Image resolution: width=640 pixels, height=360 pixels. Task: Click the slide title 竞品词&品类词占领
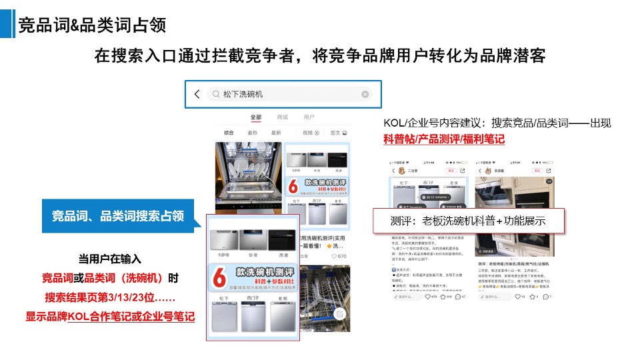tap(92, 25)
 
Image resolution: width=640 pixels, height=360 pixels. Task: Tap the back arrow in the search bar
tap(197, 94)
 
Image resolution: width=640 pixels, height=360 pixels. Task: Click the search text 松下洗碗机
tap(243, 94)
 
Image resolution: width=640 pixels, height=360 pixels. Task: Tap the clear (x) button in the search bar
tap(365, 94)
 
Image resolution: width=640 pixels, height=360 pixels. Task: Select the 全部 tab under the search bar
tap(256, 117)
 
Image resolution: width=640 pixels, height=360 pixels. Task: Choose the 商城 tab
tap(282, 117)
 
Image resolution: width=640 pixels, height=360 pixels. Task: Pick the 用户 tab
tap(309, 117)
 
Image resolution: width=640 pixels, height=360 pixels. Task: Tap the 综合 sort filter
tap(229, 133)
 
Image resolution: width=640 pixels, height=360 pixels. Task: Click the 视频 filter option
tap(307, 133)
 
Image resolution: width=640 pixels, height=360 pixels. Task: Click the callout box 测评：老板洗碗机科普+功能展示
tap(468, 221)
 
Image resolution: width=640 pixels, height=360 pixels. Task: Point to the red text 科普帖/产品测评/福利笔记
tap(443, 139)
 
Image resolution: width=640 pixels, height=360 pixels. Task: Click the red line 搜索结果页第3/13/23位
tap(110, 297)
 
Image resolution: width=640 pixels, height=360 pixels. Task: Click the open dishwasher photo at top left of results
tap(248, 177)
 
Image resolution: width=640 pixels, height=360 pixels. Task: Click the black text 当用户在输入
tap(110, 259)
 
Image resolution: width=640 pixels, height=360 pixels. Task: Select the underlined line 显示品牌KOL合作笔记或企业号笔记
tap(110, 316)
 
